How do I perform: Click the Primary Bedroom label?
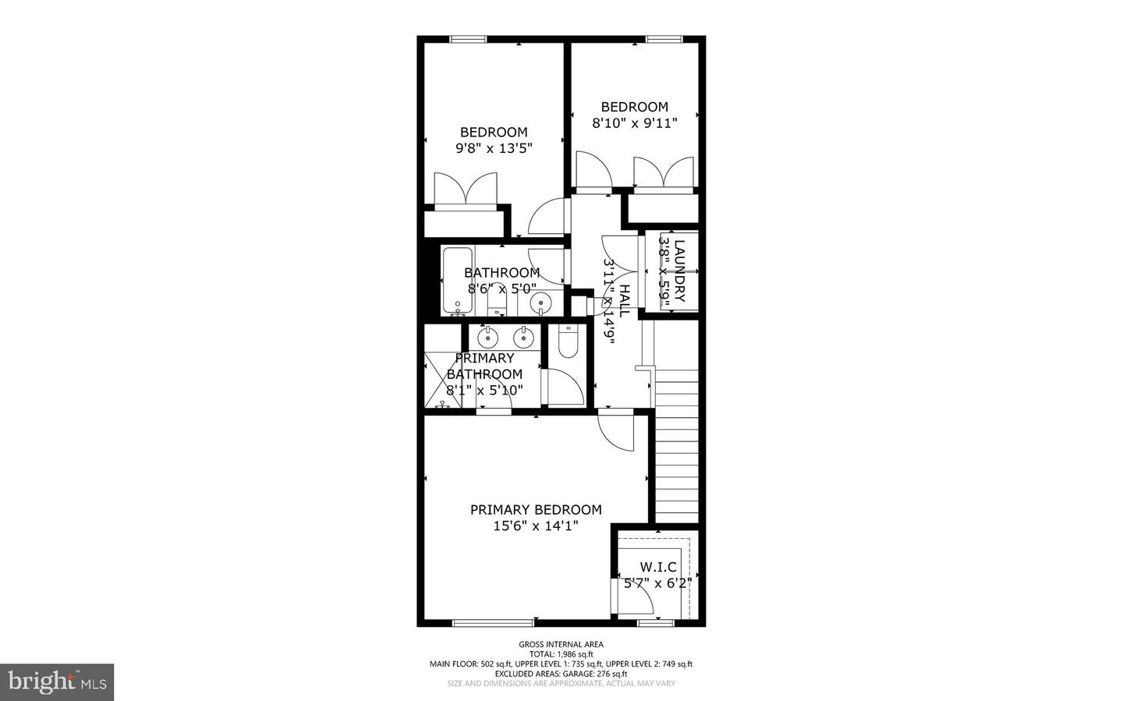pos(536,509)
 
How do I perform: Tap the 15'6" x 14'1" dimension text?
pos(536,526)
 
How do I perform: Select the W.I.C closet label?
pos(658,567)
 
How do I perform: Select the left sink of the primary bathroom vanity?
pos(487,338)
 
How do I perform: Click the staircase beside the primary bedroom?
pos(676,452)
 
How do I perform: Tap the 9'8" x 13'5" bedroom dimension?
pos(494,148)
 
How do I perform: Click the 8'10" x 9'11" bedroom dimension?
pos(634,122)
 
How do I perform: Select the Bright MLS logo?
pos(57,682)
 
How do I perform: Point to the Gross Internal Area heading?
pos(561,644)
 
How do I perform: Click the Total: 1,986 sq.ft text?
pos(561,654)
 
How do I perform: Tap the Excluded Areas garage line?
pos(561,674)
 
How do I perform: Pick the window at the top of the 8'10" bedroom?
pos(664,39)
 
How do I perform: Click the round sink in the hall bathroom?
pos(540,303)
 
